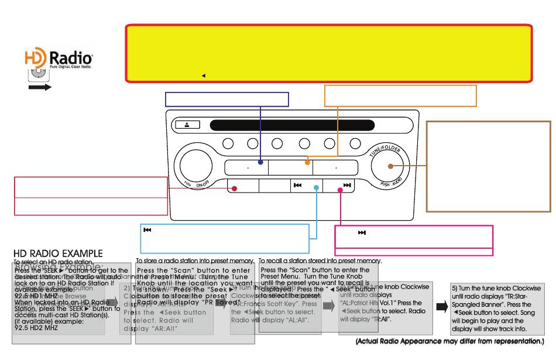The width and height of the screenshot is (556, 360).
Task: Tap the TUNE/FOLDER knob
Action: coord(392,166)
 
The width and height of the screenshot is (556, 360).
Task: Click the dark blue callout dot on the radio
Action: coord(261,163)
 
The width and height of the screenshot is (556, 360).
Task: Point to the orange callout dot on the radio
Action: coord(307,163)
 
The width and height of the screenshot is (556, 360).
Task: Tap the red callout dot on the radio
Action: coord(234,188)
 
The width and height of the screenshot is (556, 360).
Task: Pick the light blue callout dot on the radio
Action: coord(317,188)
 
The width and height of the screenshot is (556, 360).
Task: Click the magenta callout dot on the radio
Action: coord(340,188)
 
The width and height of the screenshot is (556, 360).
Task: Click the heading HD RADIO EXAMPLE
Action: coord(58,253)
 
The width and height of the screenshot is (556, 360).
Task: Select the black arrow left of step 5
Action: coord(441,308)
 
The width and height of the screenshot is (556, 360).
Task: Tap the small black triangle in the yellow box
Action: coord(203,76)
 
